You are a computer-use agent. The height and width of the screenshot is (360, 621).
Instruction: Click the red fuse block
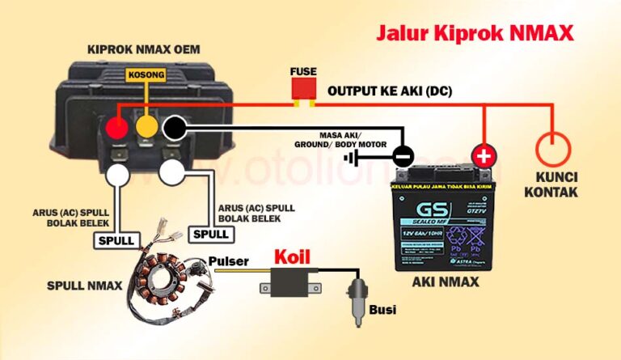[304, 91]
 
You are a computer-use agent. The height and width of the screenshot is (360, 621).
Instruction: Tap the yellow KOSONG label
[146, 75]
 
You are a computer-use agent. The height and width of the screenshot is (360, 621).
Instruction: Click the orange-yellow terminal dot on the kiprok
[146, 128]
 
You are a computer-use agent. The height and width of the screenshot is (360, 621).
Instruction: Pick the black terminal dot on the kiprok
[174, 128]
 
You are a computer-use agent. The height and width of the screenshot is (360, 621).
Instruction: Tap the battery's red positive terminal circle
[484, 155]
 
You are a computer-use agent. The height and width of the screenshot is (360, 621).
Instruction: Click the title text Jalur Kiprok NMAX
[475, 33]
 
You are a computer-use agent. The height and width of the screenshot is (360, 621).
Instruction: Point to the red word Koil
[292, 257]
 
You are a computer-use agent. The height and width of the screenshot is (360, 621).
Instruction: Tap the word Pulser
[228, 261]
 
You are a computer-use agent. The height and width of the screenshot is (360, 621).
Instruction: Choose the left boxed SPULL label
[116, 240]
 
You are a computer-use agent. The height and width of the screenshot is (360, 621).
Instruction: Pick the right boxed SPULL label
[213, 234]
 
